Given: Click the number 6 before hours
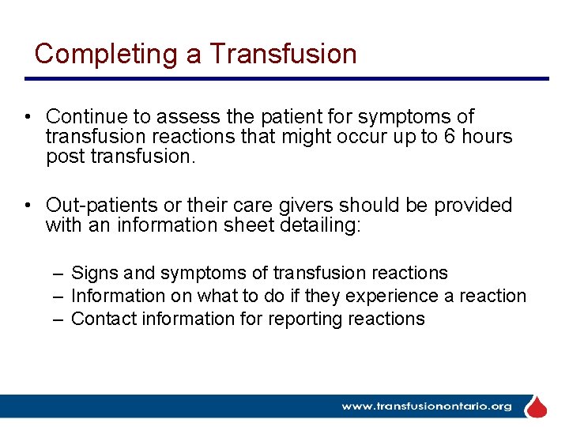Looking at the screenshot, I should (x=452, y=137).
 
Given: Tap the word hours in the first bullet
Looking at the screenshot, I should (x=488, y=137).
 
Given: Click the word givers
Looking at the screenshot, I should (x=309, y=206).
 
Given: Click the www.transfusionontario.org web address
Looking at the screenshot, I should (x=426, y=406).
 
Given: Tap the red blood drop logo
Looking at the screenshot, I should (x=537, y=406).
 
